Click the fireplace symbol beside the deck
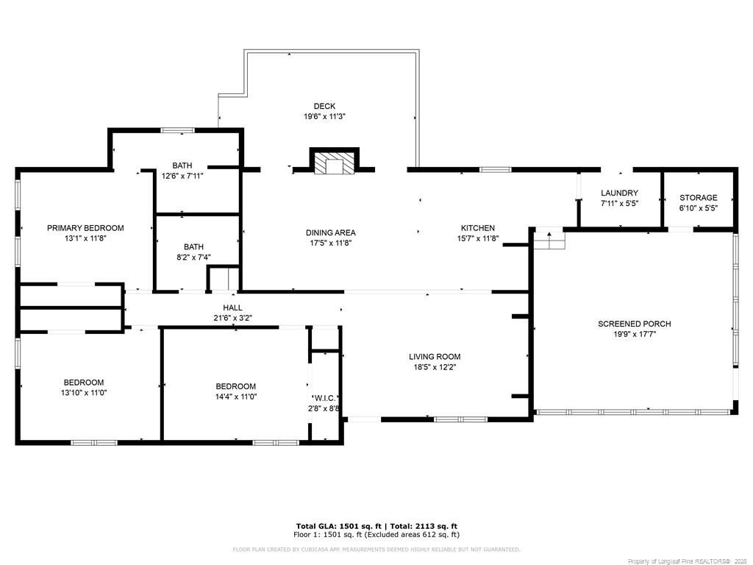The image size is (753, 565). [335, 161]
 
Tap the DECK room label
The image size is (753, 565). [324, 106]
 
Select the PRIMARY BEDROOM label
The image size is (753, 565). [85, 228]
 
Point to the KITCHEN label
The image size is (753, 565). [478, 228]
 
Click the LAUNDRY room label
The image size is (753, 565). [619, 193]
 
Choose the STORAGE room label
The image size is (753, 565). [699, 197]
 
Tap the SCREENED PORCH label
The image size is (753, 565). [635, 324]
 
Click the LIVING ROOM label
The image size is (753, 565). [435, 357]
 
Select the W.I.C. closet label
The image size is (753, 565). [326, 398]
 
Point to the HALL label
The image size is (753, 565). [232, 308]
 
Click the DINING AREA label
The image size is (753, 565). [331, 232]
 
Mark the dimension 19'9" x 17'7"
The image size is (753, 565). [635, 335]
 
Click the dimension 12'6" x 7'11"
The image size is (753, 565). [182, 176]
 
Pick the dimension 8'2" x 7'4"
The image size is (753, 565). [193, 257]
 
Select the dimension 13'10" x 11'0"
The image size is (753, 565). [84, 393]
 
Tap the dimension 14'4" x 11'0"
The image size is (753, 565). [236, 397]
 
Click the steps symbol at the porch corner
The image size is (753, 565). [550, 241]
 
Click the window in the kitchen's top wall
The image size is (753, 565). [496, 170]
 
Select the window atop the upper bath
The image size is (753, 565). [177, 130]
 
